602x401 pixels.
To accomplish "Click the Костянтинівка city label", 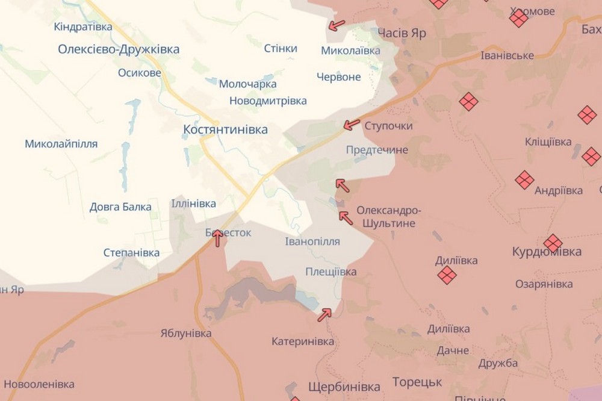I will coord(225,129).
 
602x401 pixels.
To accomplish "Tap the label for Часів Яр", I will coord(402,33).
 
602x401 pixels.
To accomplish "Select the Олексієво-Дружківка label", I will coord(119,49).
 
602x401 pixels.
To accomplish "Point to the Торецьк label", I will coord(417,382).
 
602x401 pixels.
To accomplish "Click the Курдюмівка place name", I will coord(547,252).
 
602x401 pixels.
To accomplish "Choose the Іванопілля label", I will coord(312,241).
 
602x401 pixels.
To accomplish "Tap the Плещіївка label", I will coord(330,272).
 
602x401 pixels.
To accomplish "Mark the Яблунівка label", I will coord(186,333).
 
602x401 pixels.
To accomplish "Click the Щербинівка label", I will coord(344,386).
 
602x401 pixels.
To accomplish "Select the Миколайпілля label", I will coord(61,144).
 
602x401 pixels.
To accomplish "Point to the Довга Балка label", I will coord(120,207).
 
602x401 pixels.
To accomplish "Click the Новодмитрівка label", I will coord(267,101).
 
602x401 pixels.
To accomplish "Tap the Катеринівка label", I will coord(303,341).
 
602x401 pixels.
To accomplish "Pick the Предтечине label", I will coord(377,150).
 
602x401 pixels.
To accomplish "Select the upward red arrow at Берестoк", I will coord(218,238).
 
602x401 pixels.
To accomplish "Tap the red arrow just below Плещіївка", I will coord(325,314).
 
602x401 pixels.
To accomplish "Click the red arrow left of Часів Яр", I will coord(337,25).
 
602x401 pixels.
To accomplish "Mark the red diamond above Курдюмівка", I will coord(553,243).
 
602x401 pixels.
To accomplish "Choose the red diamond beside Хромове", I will coord(518,19).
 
